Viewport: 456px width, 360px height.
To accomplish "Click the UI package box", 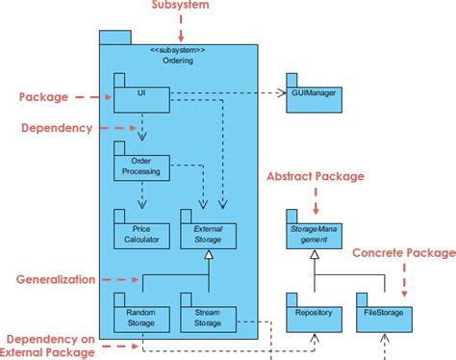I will (141, 94).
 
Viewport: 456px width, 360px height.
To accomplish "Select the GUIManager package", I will (313, 93).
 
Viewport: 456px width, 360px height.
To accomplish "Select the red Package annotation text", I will (43, 96).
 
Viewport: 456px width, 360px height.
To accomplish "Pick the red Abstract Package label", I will (315, 177).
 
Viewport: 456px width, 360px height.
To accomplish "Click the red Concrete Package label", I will (403, 252).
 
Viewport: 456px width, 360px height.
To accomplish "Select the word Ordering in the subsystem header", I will (178, 61).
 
